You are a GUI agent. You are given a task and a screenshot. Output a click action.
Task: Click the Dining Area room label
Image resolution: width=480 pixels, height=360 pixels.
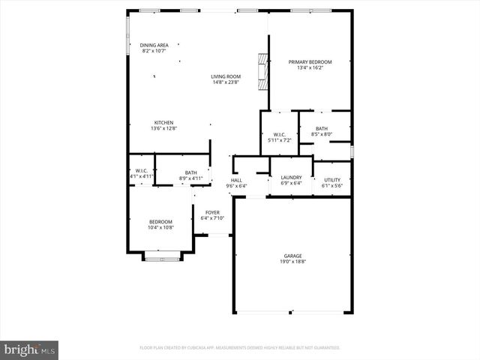(154, 45)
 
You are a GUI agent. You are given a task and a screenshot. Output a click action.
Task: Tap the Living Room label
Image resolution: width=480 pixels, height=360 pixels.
(225, 76)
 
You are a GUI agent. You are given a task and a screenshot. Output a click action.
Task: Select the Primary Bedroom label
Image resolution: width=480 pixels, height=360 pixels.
(310, 62)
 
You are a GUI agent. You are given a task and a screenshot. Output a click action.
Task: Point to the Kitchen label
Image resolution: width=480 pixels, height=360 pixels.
(163, 122)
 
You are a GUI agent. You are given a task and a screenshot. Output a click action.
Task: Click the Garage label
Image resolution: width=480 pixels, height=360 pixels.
(292, 256)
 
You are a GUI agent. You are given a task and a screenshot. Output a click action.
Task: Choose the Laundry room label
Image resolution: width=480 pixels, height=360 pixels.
(290, 177)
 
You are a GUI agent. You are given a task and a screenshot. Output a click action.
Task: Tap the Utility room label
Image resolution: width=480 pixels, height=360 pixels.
(332, 179)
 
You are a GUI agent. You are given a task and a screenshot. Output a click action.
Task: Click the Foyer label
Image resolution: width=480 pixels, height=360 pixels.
(212, 212)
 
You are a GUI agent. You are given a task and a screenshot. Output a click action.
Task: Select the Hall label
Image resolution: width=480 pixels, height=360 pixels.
(236, 180)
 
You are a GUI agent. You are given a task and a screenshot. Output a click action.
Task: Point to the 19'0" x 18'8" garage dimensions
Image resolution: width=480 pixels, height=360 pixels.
(292, 262)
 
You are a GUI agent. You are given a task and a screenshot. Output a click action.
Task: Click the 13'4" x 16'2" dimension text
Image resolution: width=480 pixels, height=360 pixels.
(310, 68)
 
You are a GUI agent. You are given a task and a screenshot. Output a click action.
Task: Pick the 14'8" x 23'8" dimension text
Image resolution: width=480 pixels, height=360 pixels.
(225, 82)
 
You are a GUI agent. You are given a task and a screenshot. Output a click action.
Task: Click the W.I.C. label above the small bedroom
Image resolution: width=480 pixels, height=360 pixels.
(141, 170)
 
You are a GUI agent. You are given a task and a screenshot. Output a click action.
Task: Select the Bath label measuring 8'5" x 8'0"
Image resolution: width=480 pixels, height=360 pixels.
(321, 129)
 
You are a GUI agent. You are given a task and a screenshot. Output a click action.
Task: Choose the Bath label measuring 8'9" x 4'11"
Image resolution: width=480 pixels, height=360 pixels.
(190, 172)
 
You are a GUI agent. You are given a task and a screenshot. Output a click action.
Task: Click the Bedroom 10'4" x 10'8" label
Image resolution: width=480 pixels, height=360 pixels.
(160, 221)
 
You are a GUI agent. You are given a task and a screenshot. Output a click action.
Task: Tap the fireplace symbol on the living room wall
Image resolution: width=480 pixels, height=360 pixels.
(262, 71)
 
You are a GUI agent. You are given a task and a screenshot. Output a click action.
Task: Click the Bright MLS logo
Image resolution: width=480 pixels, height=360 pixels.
(30, 349)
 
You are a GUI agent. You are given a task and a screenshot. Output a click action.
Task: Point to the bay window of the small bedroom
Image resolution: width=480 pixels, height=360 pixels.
(162, 259)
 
